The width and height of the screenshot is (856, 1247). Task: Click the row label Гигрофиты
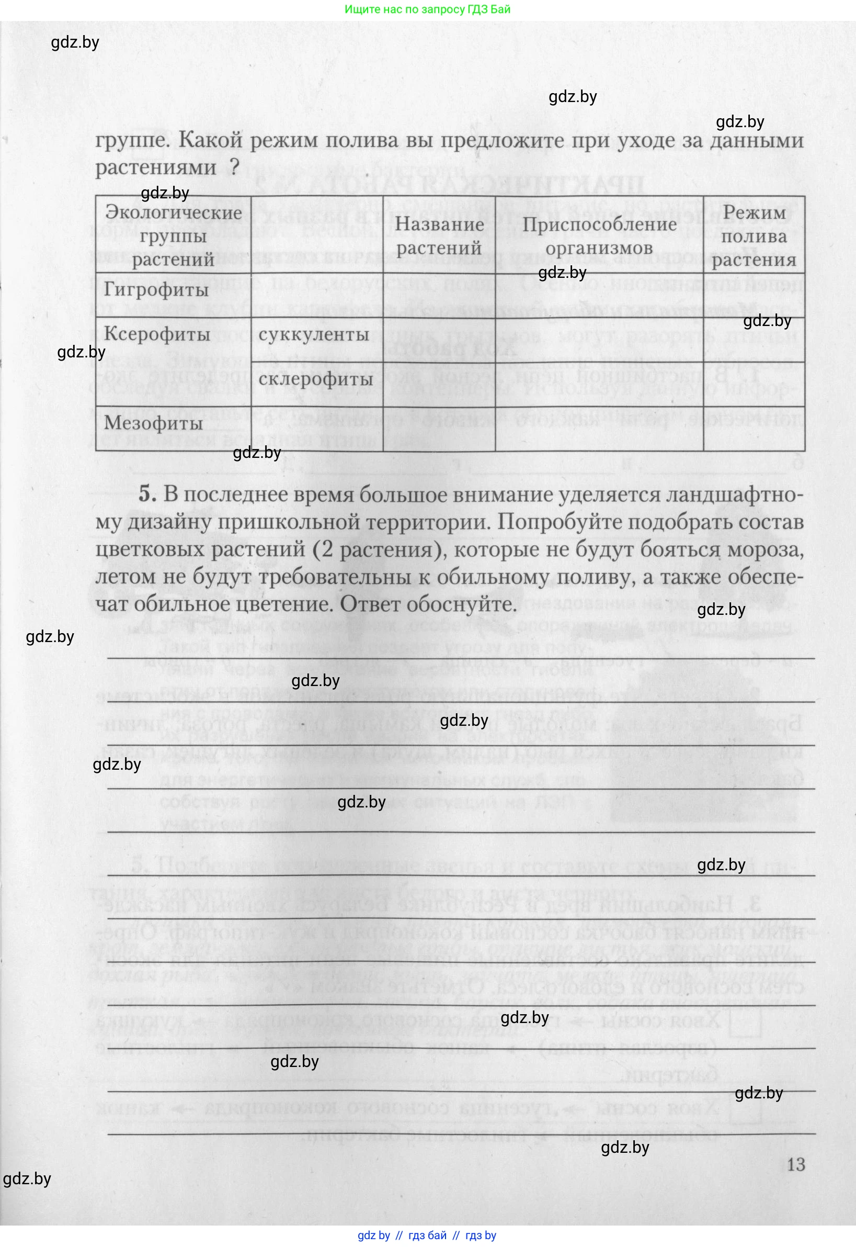click(156, 290)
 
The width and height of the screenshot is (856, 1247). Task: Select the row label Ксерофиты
click(157, 334)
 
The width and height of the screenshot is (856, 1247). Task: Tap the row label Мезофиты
click(153, 423)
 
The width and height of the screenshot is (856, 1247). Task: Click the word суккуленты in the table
click(313, 335)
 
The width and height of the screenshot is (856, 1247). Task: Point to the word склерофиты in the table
click(315, 379)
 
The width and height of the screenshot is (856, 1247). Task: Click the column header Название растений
click(439, 236)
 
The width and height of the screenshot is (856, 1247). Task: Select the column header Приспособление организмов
click(599, 236)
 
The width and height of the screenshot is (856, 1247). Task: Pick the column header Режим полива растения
click(754, 236)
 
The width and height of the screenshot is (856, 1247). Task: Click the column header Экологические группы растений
click(173, 236)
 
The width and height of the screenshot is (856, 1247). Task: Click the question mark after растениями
click(233, 168)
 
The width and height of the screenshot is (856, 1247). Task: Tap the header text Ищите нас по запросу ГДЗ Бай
click(427, 9)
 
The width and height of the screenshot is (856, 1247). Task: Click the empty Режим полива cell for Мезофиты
click(754, 429)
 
